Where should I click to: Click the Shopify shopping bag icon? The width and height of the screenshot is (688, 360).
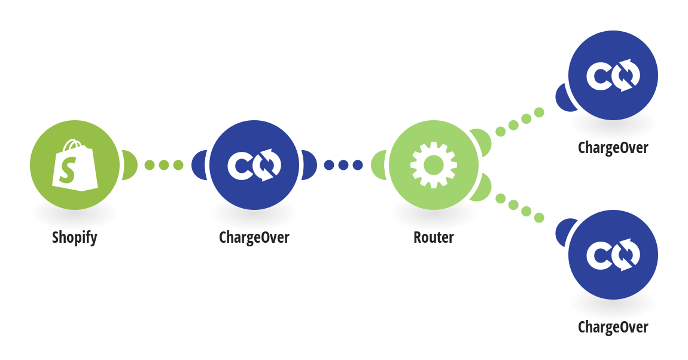click(x=75, y=165)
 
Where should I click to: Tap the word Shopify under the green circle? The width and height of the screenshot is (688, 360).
click(x=75, y=237)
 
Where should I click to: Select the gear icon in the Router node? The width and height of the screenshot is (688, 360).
click(x=434, y=165)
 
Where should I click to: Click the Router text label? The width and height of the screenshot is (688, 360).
click(x=434, y=237)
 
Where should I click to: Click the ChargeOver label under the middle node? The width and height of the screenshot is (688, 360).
click(x=254, y=237)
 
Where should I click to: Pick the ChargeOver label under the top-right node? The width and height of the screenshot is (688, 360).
click(x=613, y=148)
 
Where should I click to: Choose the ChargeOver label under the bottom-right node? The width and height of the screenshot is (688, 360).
click(x=613, y=327)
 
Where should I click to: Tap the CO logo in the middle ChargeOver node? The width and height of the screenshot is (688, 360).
click(x=254, y=165)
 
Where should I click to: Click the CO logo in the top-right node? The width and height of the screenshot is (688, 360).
click(x=613, y=75)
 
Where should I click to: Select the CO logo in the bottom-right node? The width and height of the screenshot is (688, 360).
click(x=613, y=255)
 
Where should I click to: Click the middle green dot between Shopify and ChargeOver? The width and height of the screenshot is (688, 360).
click(x=164, y=165)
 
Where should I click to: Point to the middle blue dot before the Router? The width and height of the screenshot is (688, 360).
click(x=343, y=165)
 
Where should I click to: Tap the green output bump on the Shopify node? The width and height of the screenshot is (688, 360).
click(x=130, y=165)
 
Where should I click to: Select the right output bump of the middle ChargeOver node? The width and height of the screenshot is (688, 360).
click(x=309, y=165)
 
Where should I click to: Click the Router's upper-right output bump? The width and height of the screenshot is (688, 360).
click(x=482, y=141)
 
